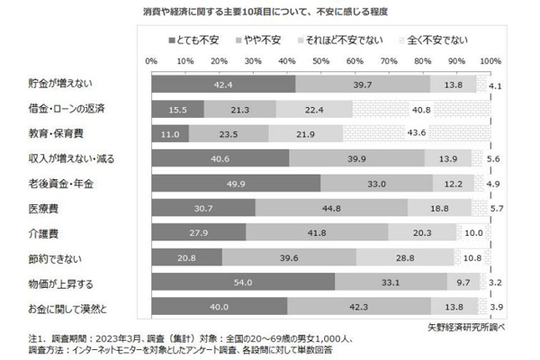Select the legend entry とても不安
click(195, 40)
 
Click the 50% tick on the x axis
click(321, 60)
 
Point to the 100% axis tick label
click(490, 60)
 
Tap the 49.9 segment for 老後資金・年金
click(236, 183)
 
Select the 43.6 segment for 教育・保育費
click(416, 133)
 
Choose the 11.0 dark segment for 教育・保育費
click(170, 133)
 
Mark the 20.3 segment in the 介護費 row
click(422, 232)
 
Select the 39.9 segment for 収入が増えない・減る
click(357, 158)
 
